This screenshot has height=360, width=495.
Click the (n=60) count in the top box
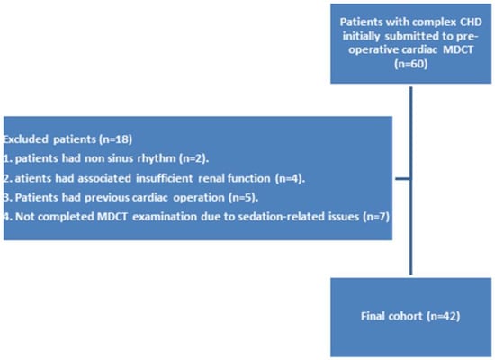click(x=410, y=64)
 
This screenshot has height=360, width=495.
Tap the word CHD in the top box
click(x=471, y=22)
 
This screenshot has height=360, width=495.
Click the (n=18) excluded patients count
click(x=115, y=139)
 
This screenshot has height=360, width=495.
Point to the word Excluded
click(x=25, y=139)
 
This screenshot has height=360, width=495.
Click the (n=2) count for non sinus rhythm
click(x=193, y=158)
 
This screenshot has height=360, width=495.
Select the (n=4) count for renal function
click(x=290, y=178)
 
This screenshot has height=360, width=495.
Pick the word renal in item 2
click(x=211, y=178)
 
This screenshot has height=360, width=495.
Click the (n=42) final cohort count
click(x=443, y=316)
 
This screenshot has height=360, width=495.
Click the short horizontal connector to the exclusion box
click(x=403, y=179)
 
